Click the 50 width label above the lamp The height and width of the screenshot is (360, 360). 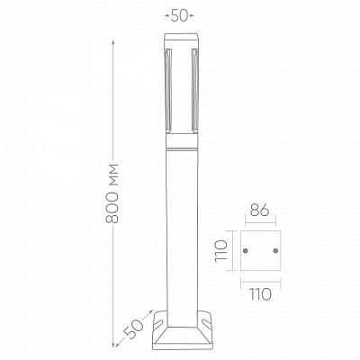click(x=179, y=16)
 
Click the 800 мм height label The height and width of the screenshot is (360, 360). click(x=112, y=193)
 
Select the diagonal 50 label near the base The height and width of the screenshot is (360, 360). click(x=134, y=328)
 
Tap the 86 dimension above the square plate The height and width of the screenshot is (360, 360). click(x=260, y=211)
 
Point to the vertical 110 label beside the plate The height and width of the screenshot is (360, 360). click(x=221, y=251)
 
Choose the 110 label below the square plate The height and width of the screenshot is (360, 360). click(x=260, y=294)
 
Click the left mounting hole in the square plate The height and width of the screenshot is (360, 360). click(x=246, y=250)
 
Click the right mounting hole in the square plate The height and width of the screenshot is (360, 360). click(x=275, y=250)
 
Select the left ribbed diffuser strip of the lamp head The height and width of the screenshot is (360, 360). click(x=168, y=90)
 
